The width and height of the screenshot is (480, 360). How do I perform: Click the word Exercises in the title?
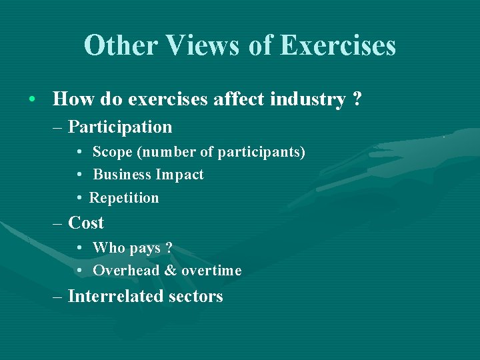(x=338, y=46)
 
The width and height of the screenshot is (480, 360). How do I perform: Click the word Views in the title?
(x=204, y=46)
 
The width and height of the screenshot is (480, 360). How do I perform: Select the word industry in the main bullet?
(x=307, y=99)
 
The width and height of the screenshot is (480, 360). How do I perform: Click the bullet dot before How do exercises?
(x=32, y=100)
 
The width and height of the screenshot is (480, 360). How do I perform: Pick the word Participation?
(x=120, y=127)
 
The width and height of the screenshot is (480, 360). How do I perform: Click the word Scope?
(x=112, y=152)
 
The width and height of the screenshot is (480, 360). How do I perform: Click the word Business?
(x=122, y=175)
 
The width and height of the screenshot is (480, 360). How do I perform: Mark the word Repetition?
(x=124, y=198)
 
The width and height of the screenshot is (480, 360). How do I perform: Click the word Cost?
(x=86, y=223)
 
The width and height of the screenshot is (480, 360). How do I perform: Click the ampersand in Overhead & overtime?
(x=170, y=271)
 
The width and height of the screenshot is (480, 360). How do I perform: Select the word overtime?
(x=211, y=271)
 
